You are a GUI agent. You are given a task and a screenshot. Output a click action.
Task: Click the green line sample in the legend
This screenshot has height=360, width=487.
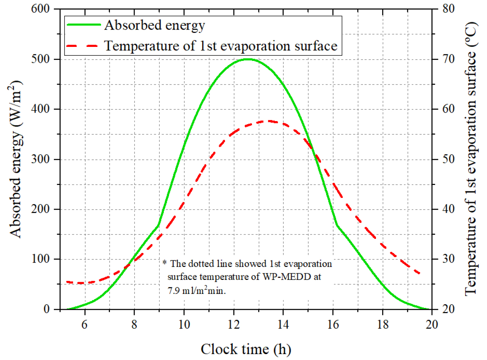[83, 25]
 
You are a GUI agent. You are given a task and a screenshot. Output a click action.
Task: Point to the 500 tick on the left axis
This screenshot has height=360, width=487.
[40, 59]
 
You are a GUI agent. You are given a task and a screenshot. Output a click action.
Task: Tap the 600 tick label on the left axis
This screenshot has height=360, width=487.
[40, 9]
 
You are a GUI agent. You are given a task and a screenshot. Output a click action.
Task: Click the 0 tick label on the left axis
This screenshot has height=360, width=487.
[46, 309]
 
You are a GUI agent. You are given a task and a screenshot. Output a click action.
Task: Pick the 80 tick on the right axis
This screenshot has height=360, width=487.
[448, 9]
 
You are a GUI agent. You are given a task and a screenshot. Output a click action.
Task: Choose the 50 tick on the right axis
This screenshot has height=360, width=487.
[448, 159]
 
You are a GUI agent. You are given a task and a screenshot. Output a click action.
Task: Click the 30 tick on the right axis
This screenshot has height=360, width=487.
[448, 259]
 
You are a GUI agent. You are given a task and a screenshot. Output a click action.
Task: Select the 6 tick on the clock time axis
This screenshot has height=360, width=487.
[84, 325]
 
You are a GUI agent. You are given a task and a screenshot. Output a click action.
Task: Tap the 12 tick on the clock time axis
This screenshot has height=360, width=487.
[234, 325]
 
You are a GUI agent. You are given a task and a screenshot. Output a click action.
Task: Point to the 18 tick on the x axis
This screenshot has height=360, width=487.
[383, 325]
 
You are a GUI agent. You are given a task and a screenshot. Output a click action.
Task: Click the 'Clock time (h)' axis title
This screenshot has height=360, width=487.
[246, 349]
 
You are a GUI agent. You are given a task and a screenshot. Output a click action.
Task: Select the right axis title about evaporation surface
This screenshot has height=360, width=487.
[471, 159]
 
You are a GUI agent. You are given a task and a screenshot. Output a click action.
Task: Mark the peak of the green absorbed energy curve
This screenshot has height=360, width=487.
[248, 59]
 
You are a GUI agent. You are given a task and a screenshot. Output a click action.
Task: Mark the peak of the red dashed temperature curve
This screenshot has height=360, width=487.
[269, 121]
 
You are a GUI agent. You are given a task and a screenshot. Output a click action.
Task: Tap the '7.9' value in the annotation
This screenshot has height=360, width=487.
[174, 291]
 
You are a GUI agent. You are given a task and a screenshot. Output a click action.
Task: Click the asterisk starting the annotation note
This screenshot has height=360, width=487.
[165, 263]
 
